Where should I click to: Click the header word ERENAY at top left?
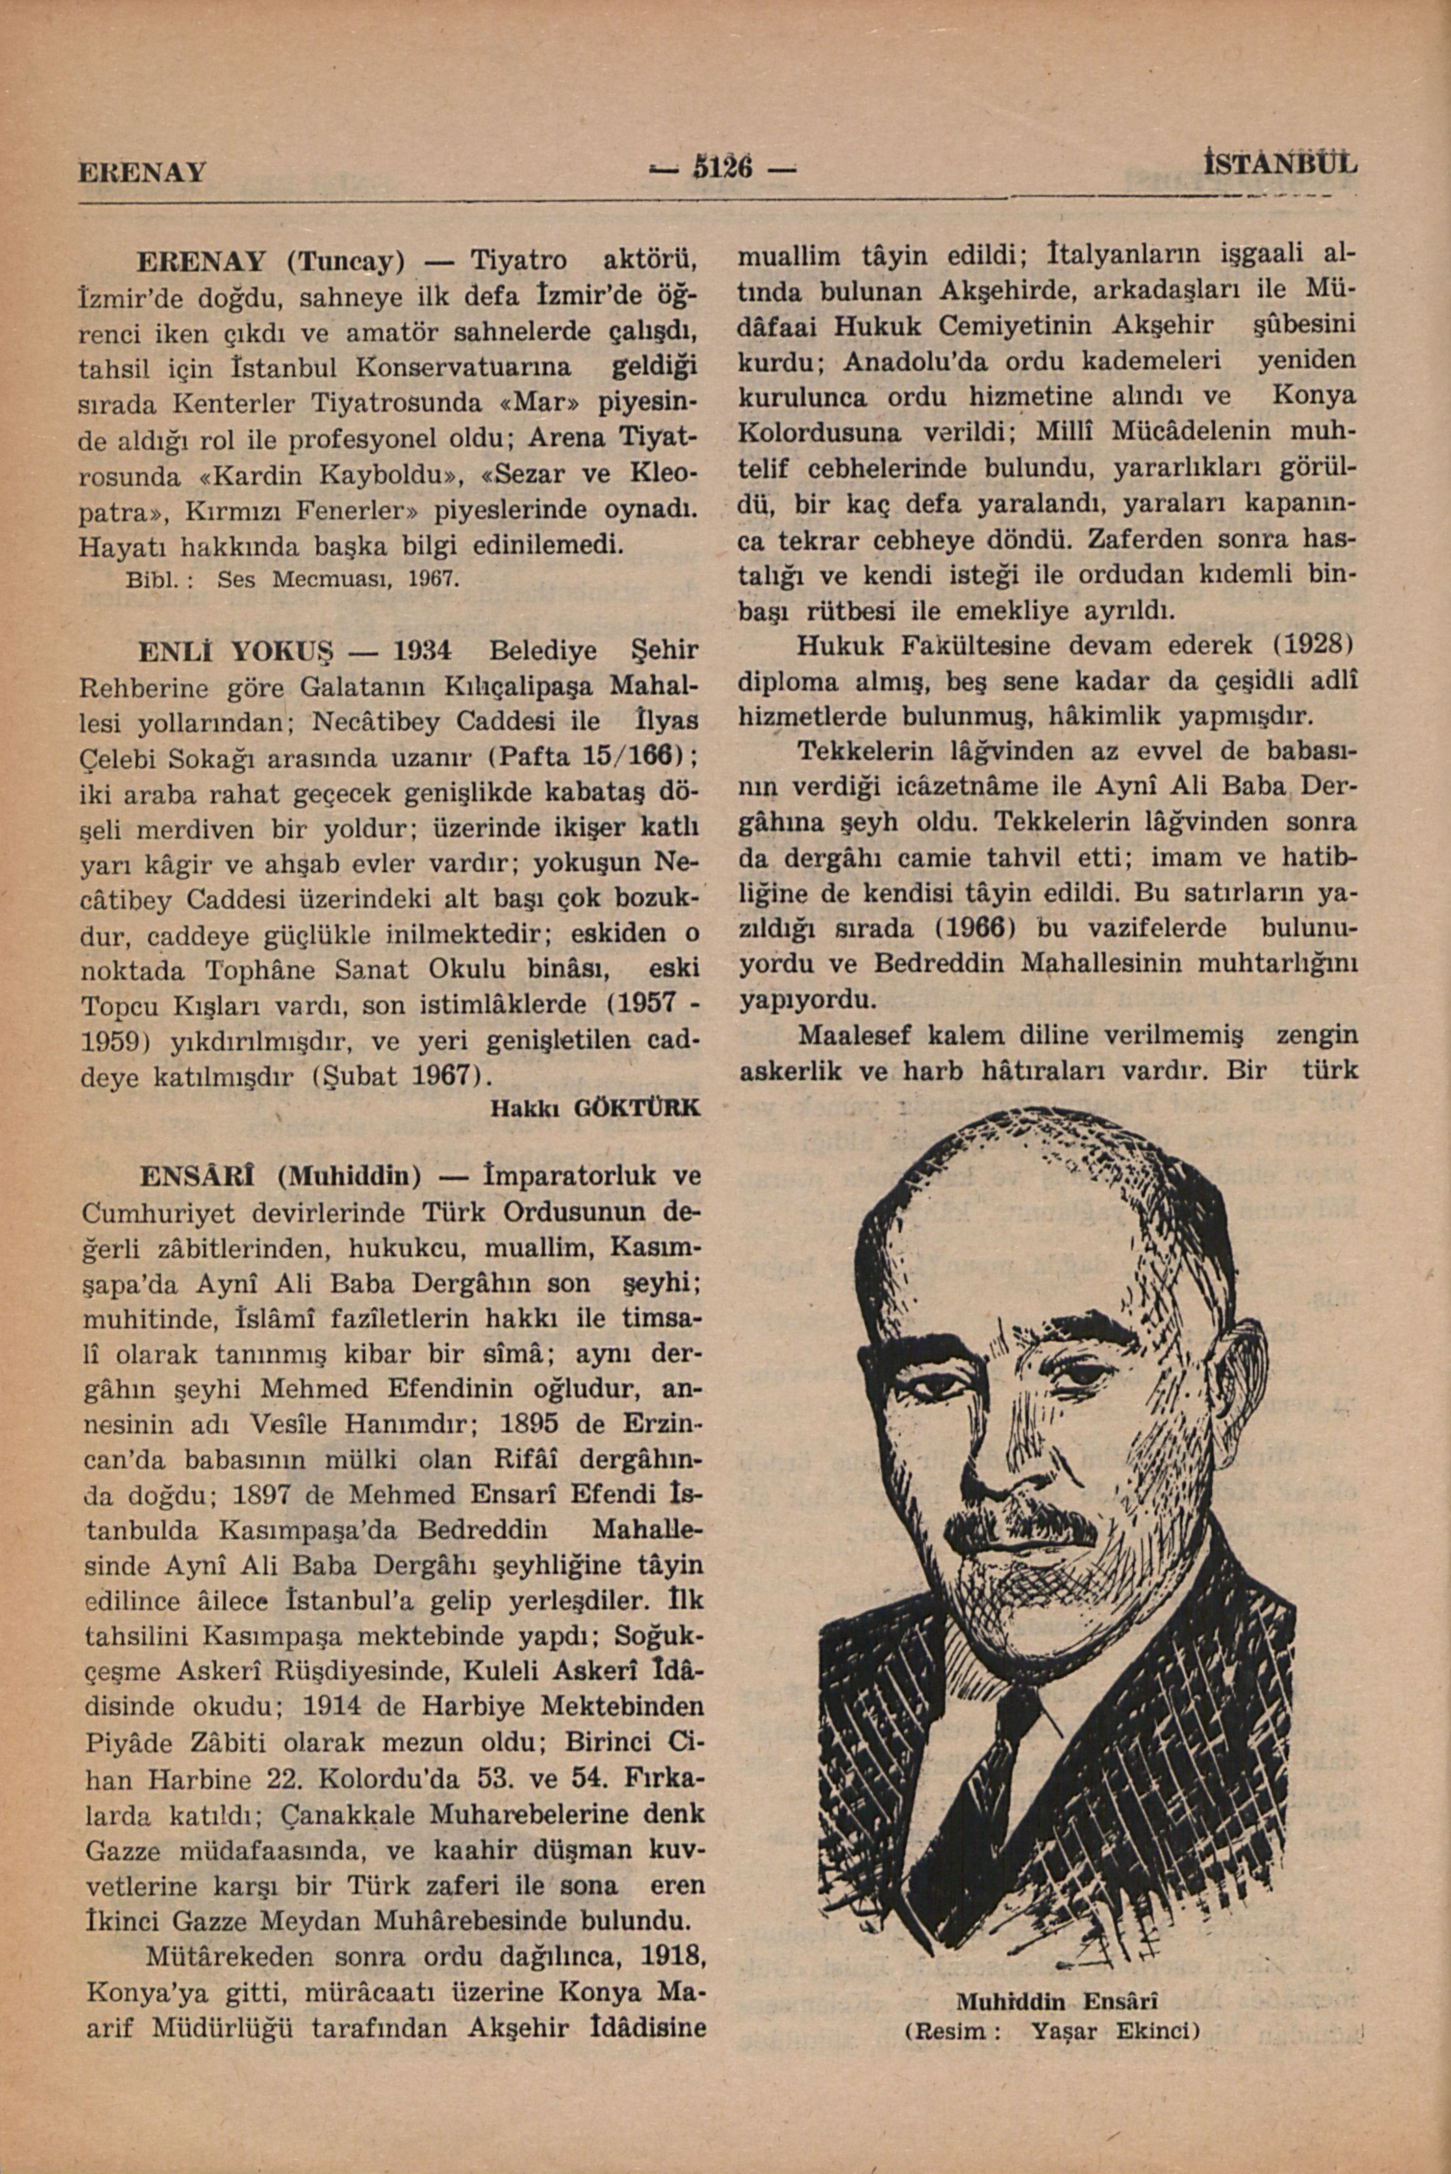tap(142, 172)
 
